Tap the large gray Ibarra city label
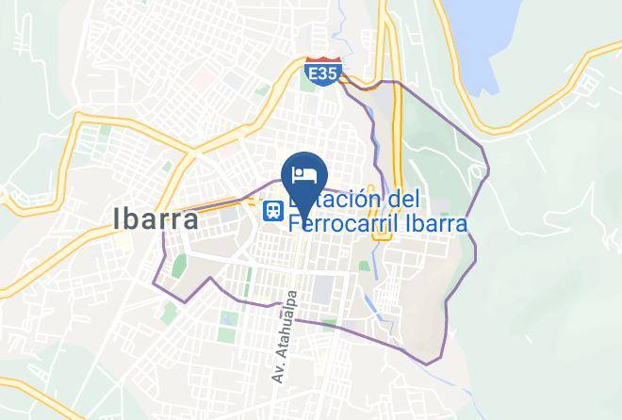155,218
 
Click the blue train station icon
273,211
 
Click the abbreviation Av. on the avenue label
278,371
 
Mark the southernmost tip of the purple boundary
429,363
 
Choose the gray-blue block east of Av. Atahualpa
322,288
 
